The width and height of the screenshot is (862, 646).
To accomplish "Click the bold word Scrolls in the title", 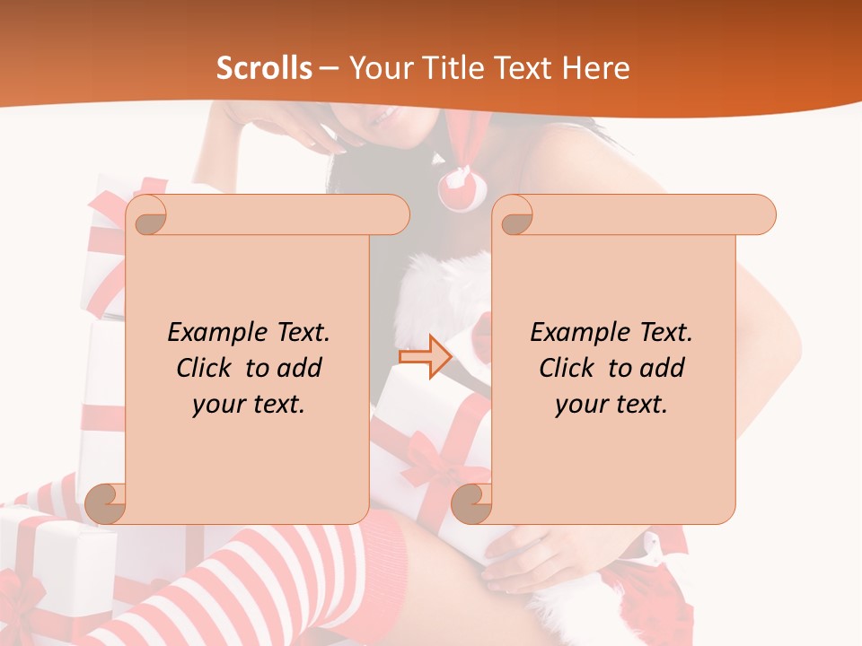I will pyautogui.click(x=264, y=68).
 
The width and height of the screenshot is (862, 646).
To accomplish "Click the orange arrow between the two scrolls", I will pyautogui.click(x=425, y=357).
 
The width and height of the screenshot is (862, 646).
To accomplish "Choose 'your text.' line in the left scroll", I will pyautogui.click(x=249, y=405).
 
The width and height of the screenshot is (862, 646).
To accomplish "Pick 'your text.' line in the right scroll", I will pyautogui.click(x=611, y=405).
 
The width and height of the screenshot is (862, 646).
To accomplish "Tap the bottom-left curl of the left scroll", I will pyautogui.click(x=105, y=503).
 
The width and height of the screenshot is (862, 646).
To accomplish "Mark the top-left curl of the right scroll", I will pyautogui.click(x=515, y=216).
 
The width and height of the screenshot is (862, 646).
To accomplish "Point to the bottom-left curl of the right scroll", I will pyautogui.click(x=471, y=503).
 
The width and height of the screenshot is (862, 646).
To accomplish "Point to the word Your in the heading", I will pyautogui.click(x=378, y=68).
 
